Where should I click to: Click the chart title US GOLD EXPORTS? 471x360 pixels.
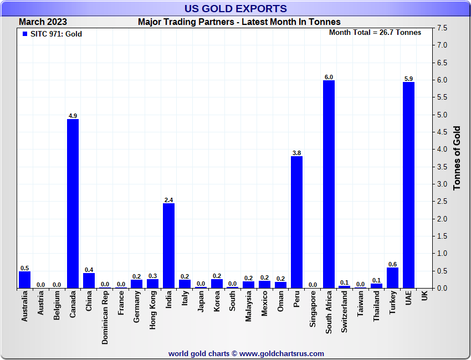tap(235, 8)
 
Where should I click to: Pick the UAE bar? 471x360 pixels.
tap(408, 185)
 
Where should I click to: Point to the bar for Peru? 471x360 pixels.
tap(296, 222)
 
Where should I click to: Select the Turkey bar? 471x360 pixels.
tap(392, 277)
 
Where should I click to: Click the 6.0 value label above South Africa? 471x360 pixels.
tap(329, 77)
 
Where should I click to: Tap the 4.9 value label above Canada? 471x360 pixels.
tap(73, 116)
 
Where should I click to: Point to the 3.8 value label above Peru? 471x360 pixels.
tap(296, 153)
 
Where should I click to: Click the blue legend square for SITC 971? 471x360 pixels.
tap(24, 34)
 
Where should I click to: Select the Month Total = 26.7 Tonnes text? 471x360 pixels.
tap(375, 33)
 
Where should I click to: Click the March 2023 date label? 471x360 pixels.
tap(43, 22)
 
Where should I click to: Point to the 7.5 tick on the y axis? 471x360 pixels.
tap(442, 28)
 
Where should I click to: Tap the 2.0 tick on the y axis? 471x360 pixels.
tap(442, 219)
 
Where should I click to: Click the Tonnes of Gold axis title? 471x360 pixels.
tap(457, 158)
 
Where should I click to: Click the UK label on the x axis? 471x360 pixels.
tap(424, 296)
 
